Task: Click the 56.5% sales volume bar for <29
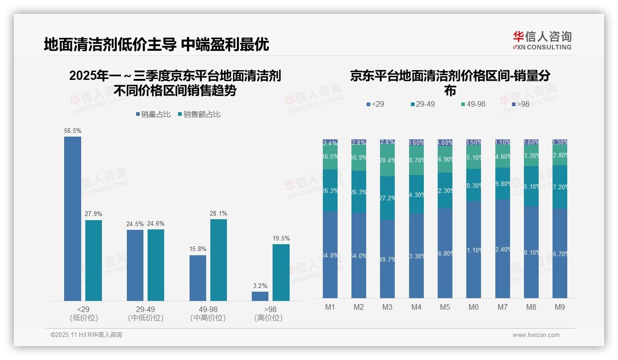tap(72, 219)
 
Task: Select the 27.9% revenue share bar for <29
tap(94, 260)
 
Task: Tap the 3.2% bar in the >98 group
tap(260, 296)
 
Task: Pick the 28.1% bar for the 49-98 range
tap(219, 260)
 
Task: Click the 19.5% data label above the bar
tap(281, 238)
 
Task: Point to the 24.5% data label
tap(135, 224)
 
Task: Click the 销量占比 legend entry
tap(153, 114)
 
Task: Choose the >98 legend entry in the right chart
tap(520, 104)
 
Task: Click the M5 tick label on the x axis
tap(445, 307)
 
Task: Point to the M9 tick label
tap(559, 307)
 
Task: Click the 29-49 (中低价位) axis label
tap(145, 313)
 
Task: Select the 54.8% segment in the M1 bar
tap(330, 255)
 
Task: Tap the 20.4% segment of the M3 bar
tap(387, 161)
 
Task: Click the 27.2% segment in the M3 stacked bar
tap(387, 198)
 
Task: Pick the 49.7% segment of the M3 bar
tap(387, 258)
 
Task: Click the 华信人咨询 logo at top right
tap(542, 40)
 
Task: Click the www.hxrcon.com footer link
tap(536, 335)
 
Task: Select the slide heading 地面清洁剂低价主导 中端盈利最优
tap(156, 44)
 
